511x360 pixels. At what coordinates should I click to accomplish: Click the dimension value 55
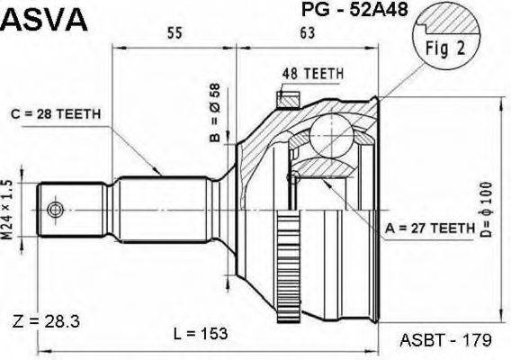[x=175, y=33]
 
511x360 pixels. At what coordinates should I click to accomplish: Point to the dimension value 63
[x=308, y=33]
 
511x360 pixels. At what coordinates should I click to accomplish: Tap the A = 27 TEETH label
[x=429, y=229]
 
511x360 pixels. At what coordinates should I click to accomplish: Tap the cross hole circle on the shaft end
[x=57, y=210]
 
